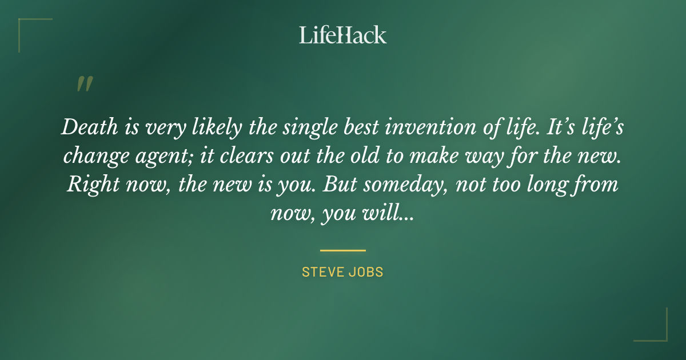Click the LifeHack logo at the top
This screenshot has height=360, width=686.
[x=342, y=35]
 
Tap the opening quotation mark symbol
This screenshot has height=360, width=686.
[x=84, y=84]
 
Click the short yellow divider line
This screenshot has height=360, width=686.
[x=342, y=250]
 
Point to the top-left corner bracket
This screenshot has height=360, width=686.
[x=26, y=26]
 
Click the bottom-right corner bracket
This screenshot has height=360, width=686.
[x=660, y=334]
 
